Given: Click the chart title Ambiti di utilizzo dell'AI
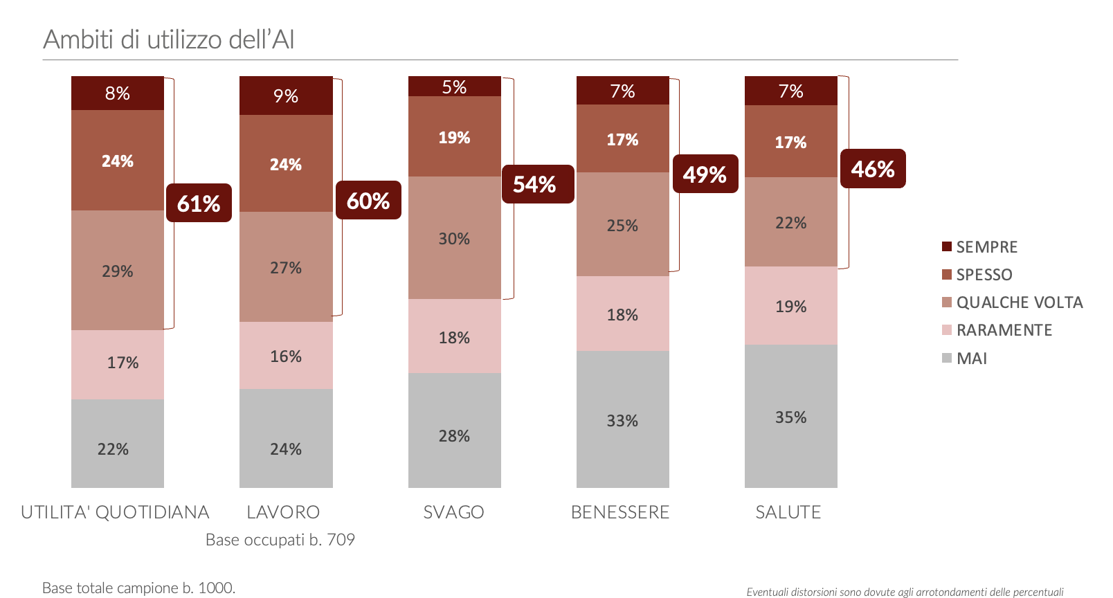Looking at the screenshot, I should coord(168,39).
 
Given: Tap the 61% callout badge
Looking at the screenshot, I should coord(199,203).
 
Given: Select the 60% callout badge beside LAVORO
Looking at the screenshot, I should coord(368,201).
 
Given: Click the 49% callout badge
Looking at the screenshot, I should coord(705,174).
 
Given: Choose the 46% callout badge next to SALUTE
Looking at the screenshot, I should coord(873,169).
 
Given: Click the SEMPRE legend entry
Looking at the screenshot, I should coord(979,247).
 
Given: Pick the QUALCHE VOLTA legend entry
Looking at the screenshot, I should coord(1012,302).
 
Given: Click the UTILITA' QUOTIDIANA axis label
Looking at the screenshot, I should coord(115,512).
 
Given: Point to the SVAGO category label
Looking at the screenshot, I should coord(453,512).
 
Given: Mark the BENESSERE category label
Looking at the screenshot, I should coord(620,512).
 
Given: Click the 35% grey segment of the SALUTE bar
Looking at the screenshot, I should coord(790,416).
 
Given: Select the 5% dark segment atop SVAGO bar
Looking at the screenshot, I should coord(454,87).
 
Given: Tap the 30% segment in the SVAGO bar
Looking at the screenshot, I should coord(454,238).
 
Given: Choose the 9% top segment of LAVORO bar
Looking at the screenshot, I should coord(286,96).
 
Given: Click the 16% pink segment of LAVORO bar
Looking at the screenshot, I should coord(286,356).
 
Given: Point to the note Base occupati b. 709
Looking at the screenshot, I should coord(280,540).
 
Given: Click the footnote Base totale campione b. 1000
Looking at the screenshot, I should coord(138,588).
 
